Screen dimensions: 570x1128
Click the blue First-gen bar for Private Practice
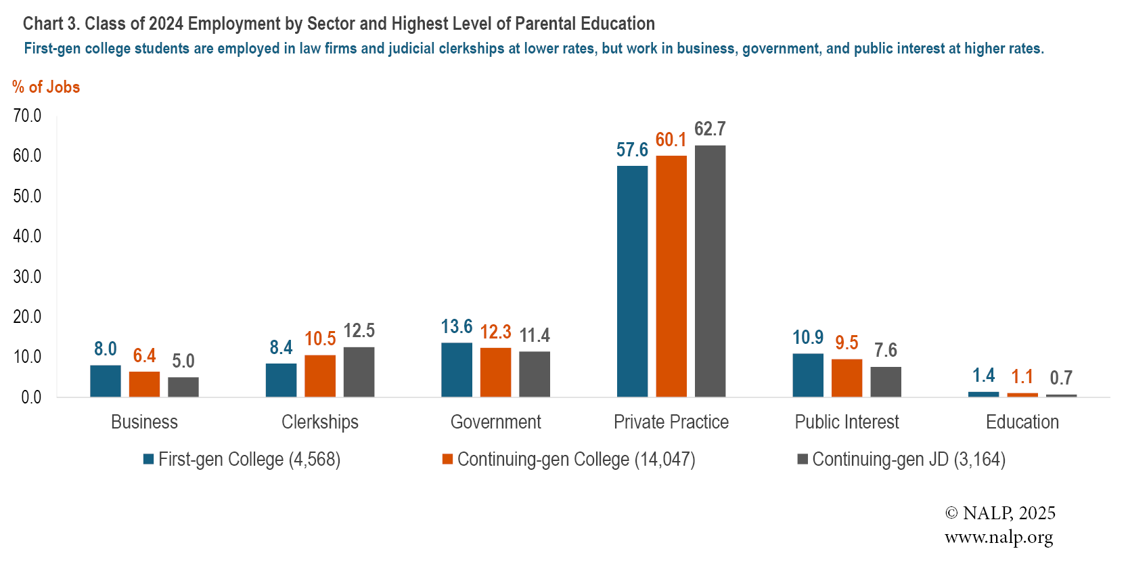632,281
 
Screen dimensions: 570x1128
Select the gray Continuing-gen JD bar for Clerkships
359,372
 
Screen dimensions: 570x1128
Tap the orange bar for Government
495,372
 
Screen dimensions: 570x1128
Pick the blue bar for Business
106,380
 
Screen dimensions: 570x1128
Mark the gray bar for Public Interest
886,382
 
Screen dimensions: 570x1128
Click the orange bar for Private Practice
671,276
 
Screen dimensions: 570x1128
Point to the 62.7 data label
710,129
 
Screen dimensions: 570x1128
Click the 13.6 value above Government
457,327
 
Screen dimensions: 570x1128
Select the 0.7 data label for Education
1061,378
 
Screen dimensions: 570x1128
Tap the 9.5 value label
847,343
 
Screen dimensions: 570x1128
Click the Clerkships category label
320,422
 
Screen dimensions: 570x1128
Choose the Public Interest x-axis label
847,422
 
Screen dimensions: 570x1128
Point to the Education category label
1022,422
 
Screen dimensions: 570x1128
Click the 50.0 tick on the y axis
27,196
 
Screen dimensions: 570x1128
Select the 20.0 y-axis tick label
27,317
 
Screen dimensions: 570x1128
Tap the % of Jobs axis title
46,87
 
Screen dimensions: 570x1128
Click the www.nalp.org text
999,538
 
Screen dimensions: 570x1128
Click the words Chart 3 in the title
51,24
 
